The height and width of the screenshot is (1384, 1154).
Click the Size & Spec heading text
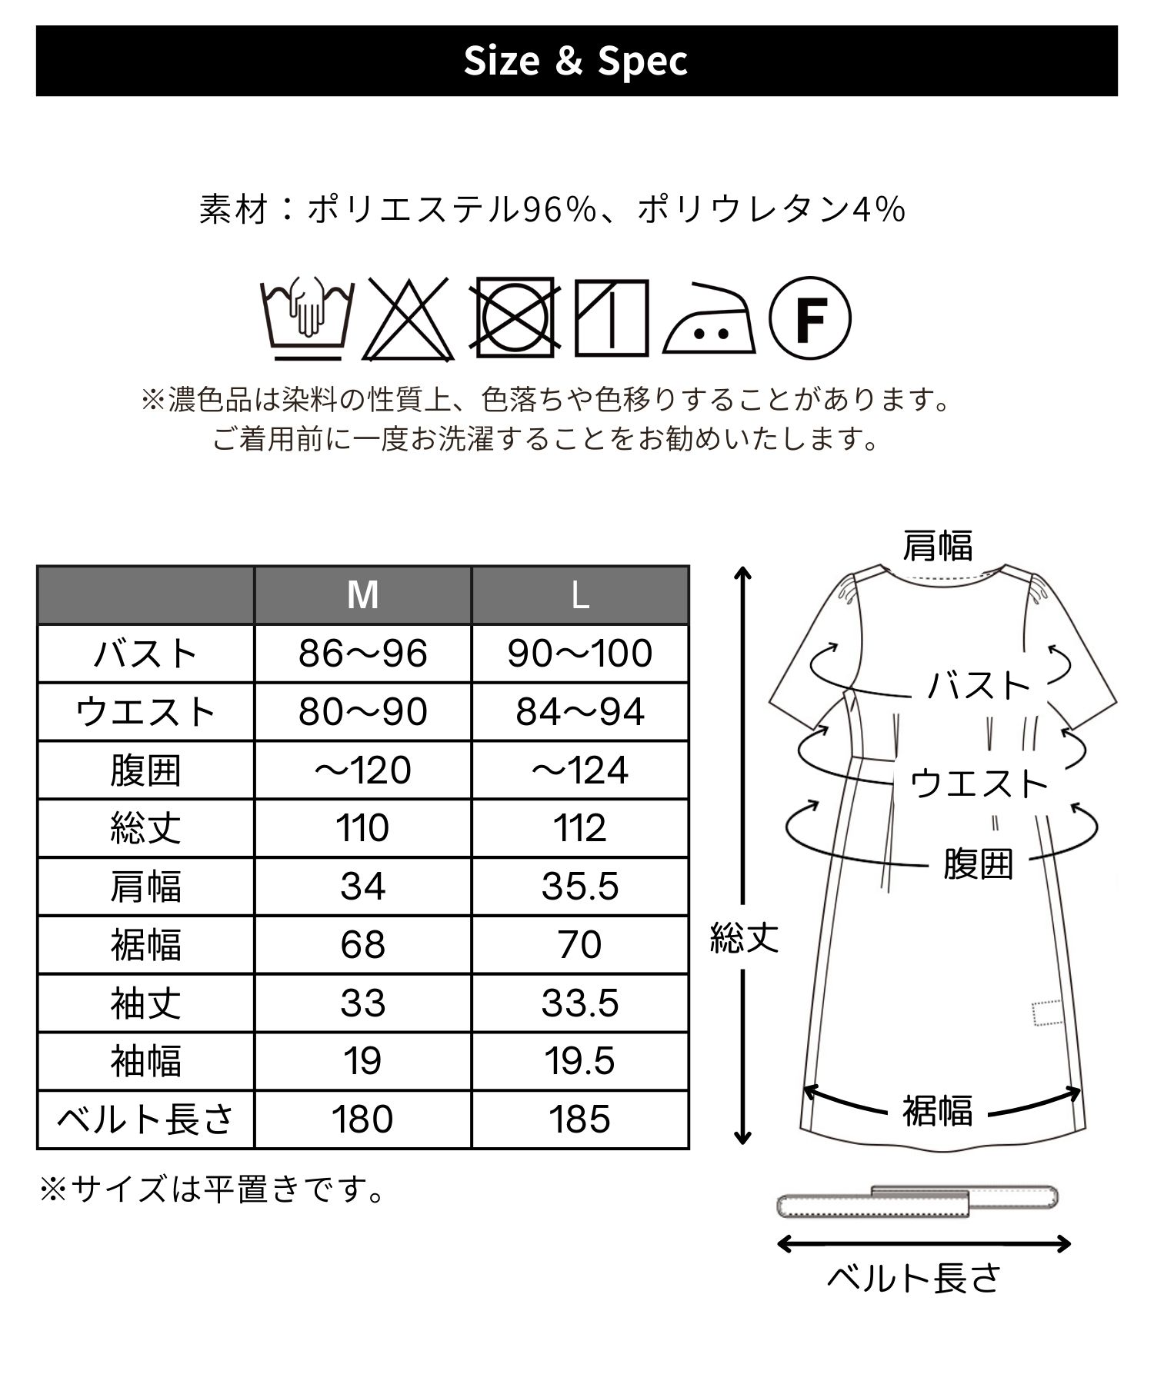(576, 61)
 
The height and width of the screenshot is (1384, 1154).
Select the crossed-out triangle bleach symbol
(408, 319)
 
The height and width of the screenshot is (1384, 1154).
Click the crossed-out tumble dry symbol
(515, 317)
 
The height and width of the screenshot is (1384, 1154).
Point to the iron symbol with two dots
(709, 319)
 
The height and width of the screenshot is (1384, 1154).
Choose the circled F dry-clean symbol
(810, 317)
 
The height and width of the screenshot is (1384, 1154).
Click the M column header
(362, 595)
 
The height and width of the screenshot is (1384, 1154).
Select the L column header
(580, 595)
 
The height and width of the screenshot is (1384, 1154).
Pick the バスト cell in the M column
(362, 654)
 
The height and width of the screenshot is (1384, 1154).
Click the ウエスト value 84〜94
(580, 712)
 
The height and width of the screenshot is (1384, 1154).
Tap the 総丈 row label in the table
(145, 829)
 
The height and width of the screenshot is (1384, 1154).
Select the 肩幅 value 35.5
(580, 887)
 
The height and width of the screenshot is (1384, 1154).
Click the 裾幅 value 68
(362, 945)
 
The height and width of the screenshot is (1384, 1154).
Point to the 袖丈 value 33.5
(580, 1003)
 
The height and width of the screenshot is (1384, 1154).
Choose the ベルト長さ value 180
(362, 1120)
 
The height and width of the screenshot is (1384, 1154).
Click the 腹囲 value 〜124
(580, 770)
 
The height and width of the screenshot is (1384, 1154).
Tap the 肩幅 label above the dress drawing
(937, 546)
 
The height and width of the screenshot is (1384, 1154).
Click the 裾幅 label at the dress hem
(937, 1110)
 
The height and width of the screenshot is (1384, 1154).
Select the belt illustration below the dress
(919, 1201)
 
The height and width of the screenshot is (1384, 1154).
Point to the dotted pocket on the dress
(1047, 1013)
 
